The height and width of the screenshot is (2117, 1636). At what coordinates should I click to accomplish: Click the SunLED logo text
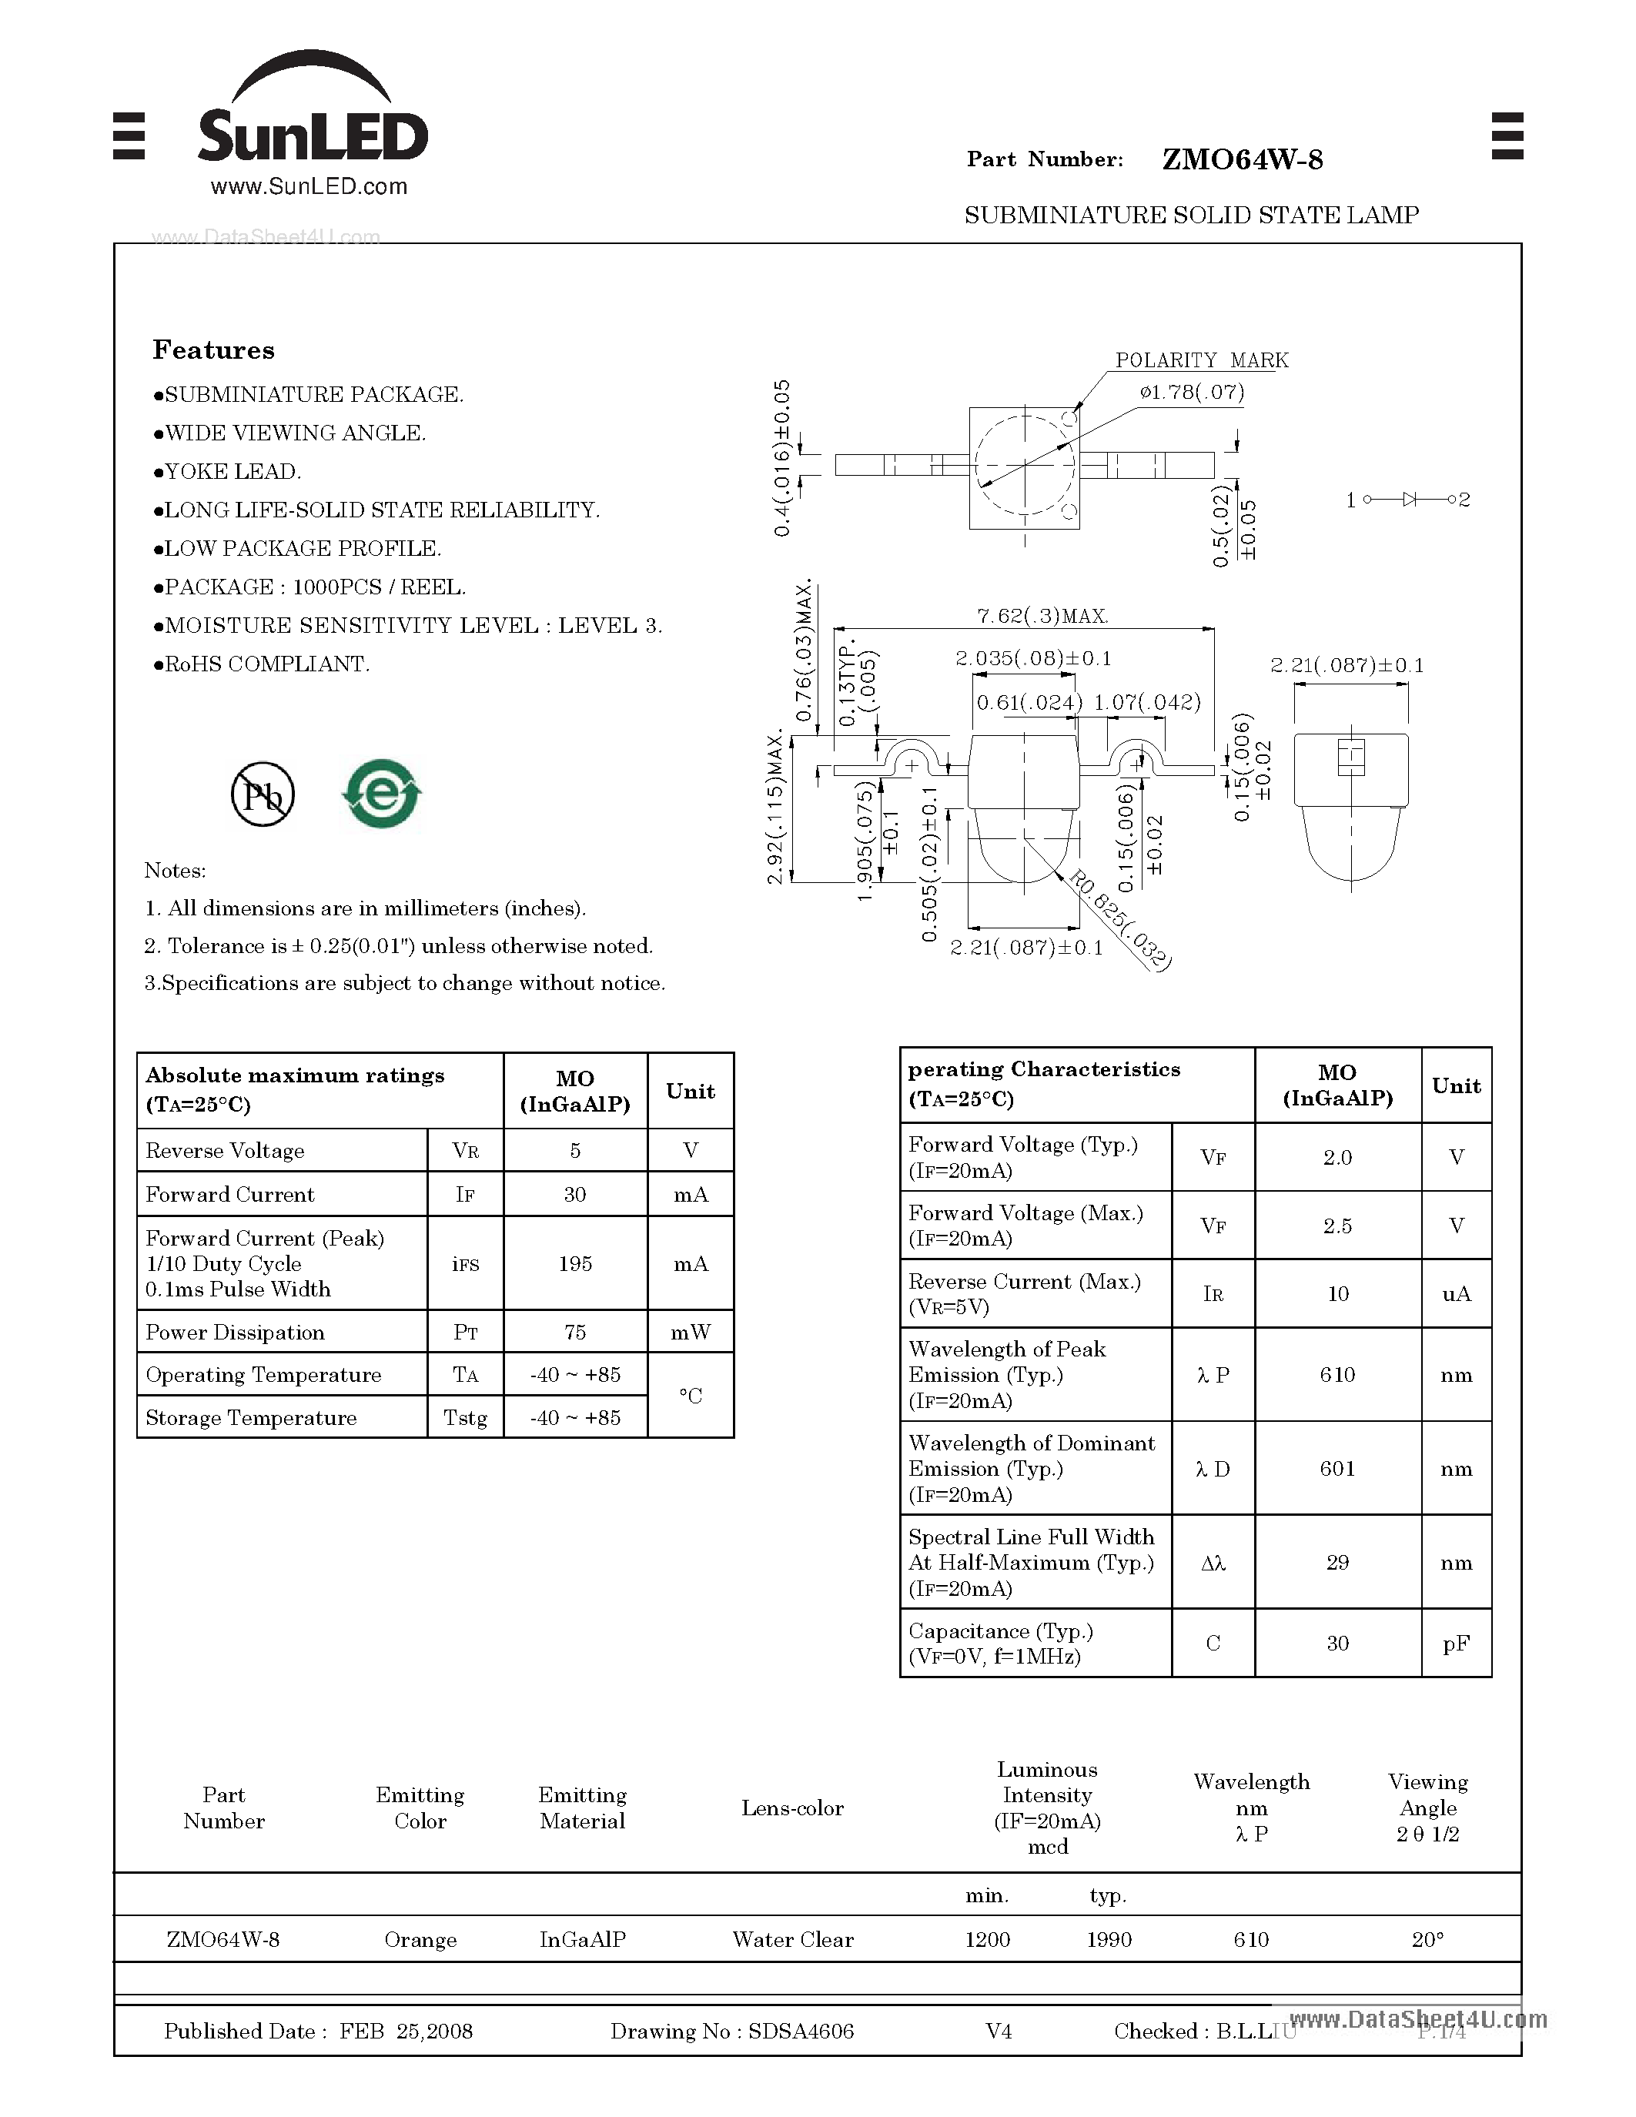[x=312, y=135]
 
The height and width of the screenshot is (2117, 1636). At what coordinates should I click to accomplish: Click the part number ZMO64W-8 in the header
[x=1242, y=160]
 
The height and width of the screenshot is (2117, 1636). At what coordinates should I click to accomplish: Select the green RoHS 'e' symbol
[x=382, y=794]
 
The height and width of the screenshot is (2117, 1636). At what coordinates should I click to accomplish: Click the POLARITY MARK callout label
[x=1201, y=360]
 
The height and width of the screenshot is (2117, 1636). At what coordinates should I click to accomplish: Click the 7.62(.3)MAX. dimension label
[x=1041, y=617]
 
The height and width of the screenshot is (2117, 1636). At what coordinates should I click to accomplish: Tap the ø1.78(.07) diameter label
[x=1191, y=392]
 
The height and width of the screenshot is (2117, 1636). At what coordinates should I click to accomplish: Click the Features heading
[x=213, y=350]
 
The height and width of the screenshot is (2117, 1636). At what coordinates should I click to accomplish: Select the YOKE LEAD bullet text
[x=233, y=472]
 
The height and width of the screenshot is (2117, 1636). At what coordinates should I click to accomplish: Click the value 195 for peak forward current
[x=575, y=1264]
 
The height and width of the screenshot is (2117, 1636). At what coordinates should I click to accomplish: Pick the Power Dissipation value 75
[x=575, y=1333]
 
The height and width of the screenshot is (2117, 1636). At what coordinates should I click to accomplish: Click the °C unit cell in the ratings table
[x=690, y=1396]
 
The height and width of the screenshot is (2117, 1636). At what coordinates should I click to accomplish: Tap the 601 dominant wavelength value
[x=1337, y=1469]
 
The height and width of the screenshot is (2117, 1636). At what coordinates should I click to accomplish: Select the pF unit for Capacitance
[x=1456, y=1643]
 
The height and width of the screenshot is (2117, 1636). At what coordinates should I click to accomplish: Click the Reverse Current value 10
[x=1337, y=1294]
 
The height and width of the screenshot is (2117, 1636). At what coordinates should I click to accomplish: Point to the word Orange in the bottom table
[x=420, y=1940]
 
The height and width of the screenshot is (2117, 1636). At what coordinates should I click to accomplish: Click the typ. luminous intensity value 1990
[x=1109, y=1940]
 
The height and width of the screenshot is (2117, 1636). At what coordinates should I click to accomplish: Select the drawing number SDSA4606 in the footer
[x=801, y=2032]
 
